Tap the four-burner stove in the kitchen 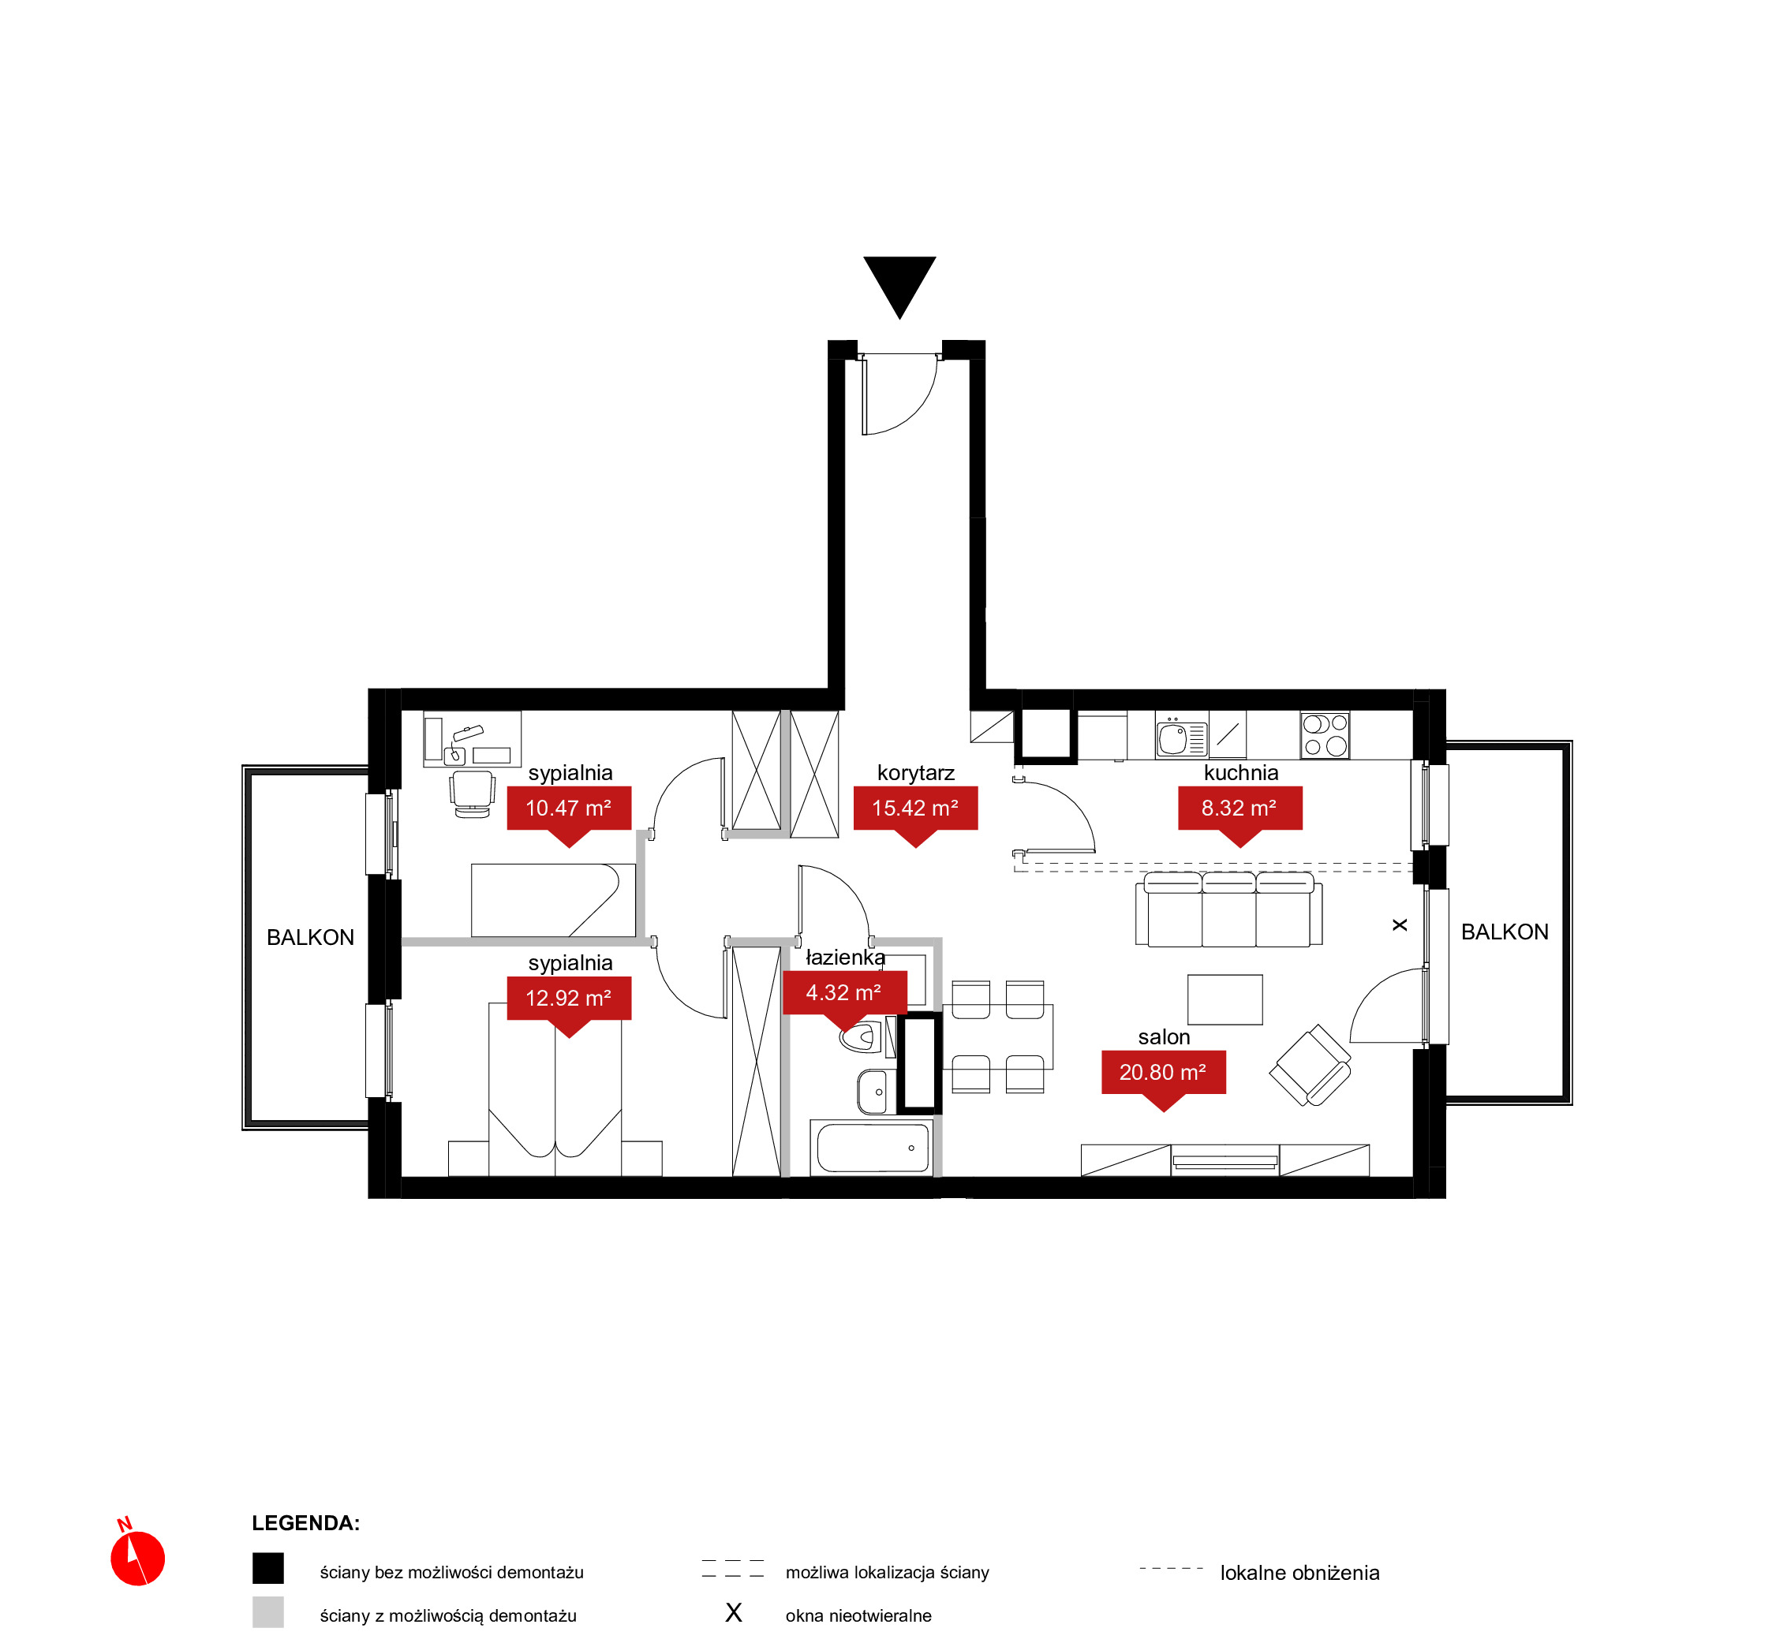[x=1324, y=735]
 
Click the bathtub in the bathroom [x=873, y=1148]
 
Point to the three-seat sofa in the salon [x=1228, y=909]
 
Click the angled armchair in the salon [x=1309, y=1065]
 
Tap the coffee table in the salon [x=1225, y=999]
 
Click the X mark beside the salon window [x=1399, y=924]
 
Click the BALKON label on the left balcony [x=310, y=937]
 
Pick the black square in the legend [x=267, y=1568]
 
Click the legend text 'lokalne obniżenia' [x=1299, y=1573]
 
